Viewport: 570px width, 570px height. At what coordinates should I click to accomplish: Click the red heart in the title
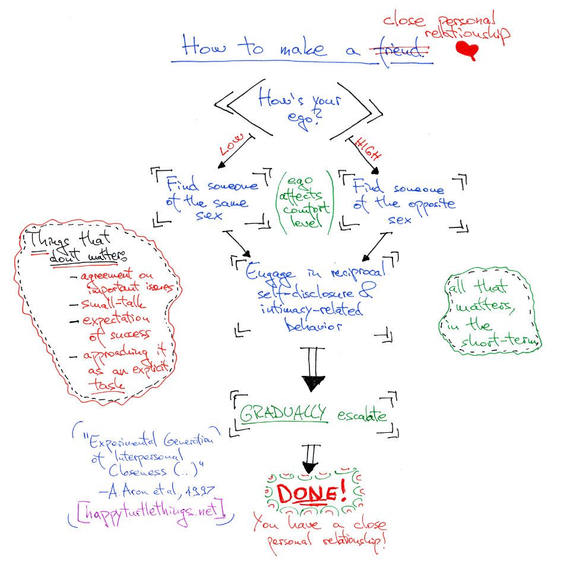tap(467, 51)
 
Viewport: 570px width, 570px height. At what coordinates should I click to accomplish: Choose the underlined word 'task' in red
tap(107, 384)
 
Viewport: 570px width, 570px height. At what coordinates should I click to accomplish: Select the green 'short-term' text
tap(502, 341)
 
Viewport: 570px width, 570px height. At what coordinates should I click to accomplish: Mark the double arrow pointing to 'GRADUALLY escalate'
tap(313, 371)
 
